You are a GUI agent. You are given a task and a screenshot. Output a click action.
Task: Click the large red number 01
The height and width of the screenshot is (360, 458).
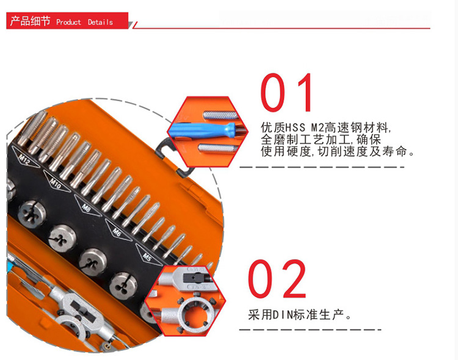pyautogui.click(x=286, y=92)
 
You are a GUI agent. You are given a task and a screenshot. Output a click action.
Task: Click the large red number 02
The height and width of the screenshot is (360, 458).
pyautogui.click(x=277, y=278)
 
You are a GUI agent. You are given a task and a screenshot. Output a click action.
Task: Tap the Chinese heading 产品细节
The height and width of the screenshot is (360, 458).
pyautogui.click(x=30, y=21)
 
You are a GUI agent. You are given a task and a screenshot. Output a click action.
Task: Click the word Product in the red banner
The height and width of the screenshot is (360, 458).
pyautogui.click(x=68, y=22)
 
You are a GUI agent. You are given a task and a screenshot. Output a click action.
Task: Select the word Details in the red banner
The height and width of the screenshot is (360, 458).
pyautogui.click(x=100, y=22)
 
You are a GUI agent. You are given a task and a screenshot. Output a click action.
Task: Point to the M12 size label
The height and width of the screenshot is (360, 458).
pyautogui.click(x=24, y=159)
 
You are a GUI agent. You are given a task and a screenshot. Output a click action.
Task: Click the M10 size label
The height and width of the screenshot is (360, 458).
pyautogui.click(x=56, y=184)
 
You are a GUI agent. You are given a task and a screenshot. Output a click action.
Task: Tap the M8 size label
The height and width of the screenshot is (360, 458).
pyautogui.click(x=86, y=207)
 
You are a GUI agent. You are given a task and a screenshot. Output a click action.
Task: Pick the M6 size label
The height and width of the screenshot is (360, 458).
pyautogui.click(x=117, y=232)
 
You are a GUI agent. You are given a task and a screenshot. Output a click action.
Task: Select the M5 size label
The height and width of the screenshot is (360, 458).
pyautogui.click(x=147, y=257)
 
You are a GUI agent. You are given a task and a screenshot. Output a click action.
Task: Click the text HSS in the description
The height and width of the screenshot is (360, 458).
pyautogui.click(x=294, y=128)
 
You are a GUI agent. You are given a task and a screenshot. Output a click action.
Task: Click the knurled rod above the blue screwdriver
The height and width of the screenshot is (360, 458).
pyautogui.click(x=220, y=115)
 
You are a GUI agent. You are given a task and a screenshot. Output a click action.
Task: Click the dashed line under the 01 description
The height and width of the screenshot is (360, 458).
pyautogui.click(x=322, y=167)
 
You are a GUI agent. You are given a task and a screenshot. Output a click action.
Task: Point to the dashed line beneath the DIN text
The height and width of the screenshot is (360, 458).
pyautogui.click(x=310, y=329)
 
